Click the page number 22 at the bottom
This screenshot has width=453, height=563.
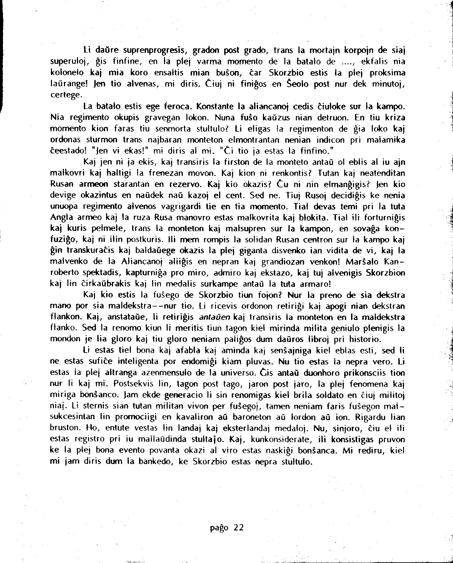tap(239, 528)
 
